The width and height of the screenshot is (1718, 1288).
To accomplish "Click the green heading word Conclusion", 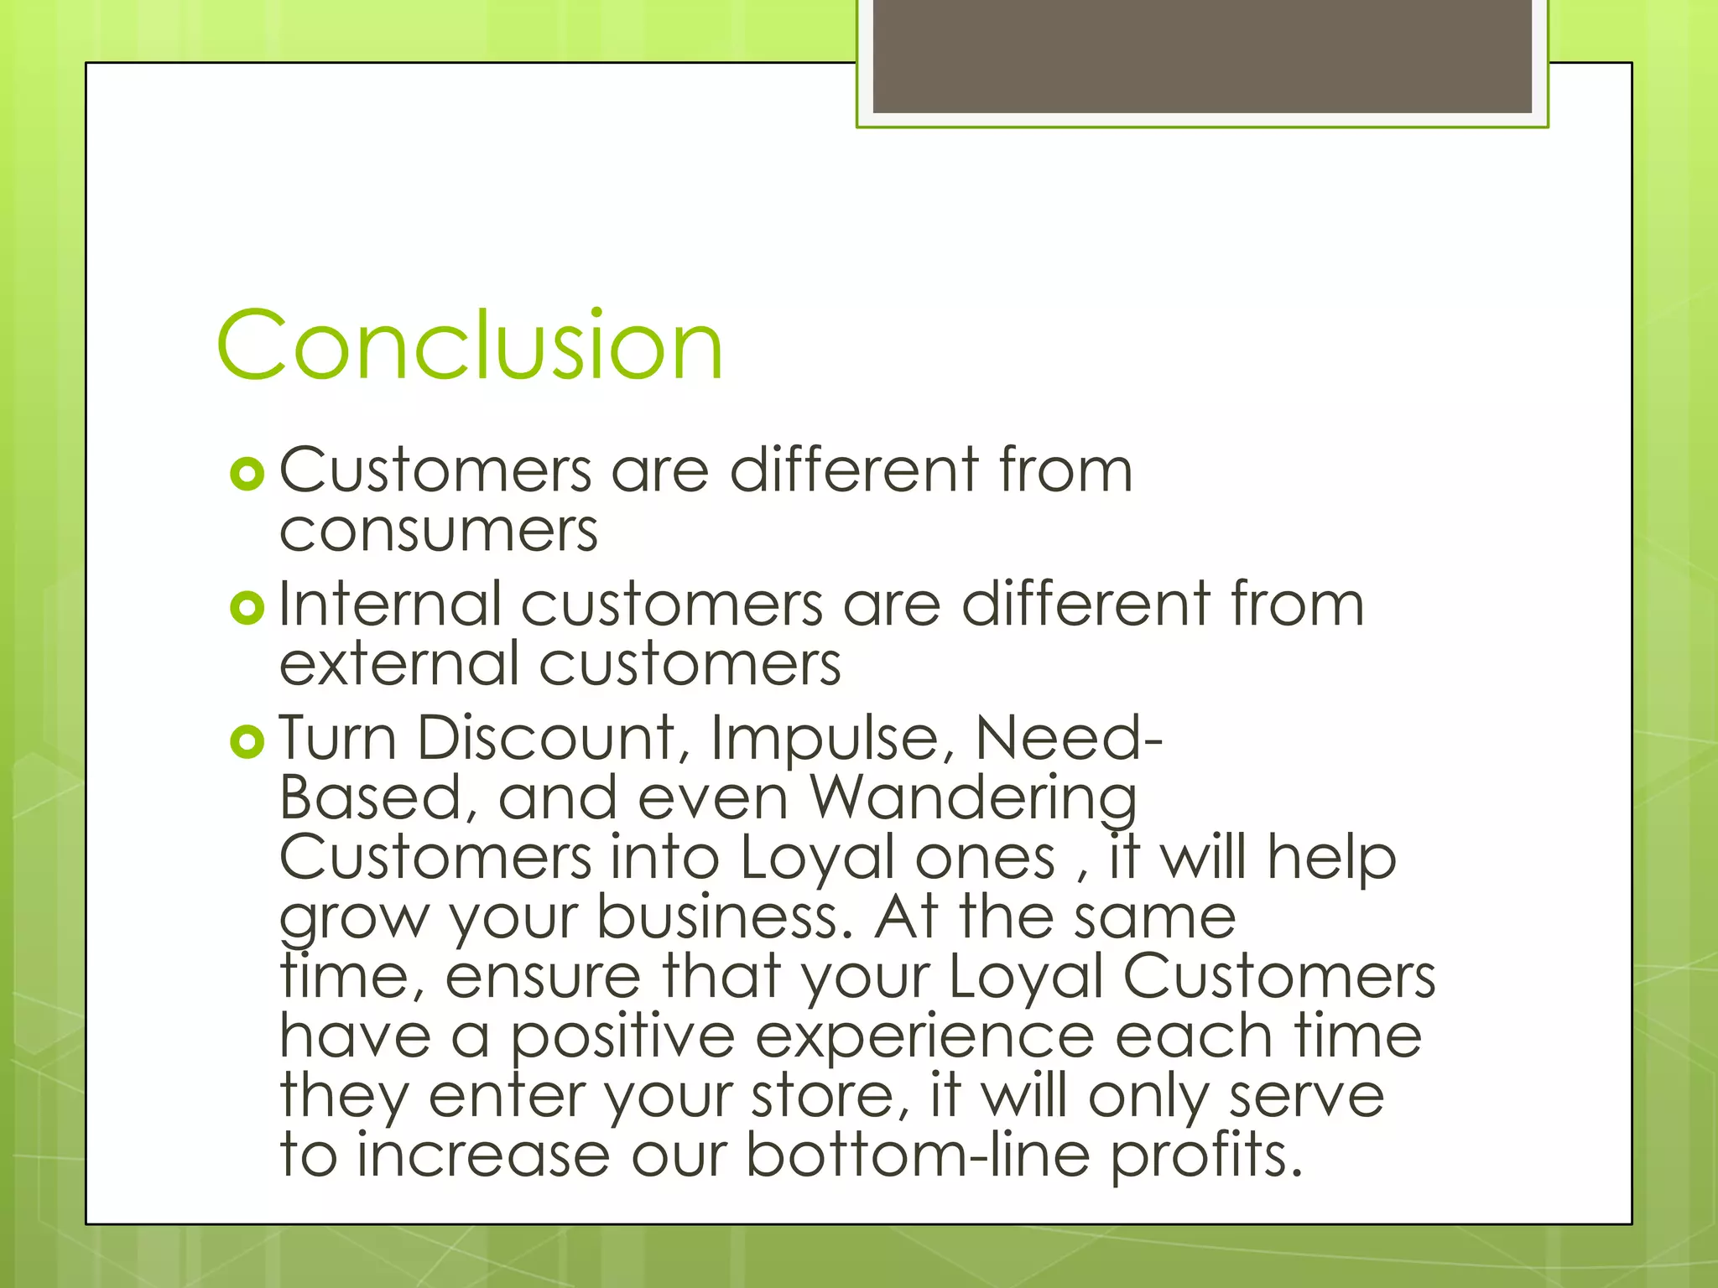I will (x=469, y=345).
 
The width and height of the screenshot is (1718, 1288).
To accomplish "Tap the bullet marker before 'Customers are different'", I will (x=247, y=475).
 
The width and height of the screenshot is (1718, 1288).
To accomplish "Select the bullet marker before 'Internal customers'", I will (x=247, y=608).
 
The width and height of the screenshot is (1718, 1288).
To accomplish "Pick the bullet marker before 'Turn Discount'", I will (x=247, y=741).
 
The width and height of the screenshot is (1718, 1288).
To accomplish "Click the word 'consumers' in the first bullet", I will (x=439, y=532).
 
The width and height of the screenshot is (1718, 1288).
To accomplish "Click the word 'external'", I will (x=398, y=664).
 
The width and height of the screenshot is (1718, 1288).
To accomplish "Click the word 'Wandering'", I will (x=973, y=798).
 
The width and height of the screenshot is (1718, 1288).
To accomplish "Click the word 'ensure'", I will (x=543, y=977).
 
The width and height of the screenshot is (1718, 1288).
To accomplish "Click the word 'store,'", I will (x=830, y=1097).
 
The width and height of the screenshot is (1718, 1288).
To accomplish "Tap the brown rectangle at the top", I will (x=1201, y=56).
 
